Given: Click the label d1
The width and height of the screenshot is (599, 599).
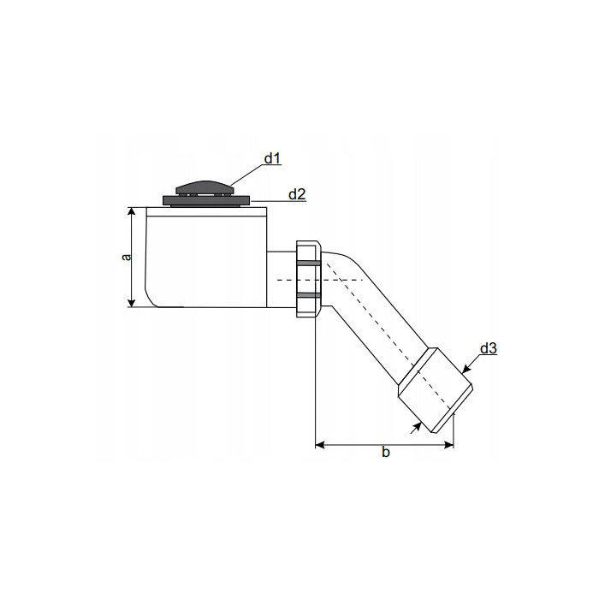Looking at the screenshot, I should pyautogui.click(x=272, y=158).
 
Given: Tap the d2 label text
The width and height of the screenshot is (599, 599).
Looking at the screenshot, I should pyautogui.click(x=297, y=194).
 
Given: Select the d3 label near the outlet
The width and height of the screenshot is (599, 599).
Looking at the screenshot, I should pyautogui.click(x=489, y=348).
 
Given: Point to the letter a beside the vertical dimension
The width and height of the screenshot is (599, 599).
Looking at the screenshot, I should pyautogui.click(x=125, y=256).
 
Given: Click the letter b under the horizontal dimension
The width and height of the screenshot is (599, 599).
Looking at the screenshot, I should pyautogui.click(x=385, y=453).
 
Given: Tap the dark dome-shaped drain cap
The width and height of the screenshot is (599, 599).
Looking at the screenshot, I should pyautogui.click(x=205, y=187).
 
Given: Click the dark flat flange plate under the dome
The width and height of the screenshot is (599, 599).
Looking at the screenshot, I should pyautogui.click(x=206, y=201).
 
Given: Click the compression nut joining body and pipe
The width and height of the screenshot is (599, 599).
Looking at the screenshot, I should pyautogui.click(x=308, y=279).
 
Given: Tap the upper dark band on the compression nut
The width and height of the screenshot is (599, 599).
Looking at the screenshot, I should pyautogui.click(x=308, y=262).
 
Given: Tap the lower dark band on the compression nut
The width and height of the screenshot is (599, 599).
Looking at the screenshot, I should pyautogui.click(x=308, y=295).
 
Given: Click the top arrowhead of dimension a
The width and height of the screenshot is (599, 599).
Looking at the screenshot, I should pyautogui.click(x=131, y=211).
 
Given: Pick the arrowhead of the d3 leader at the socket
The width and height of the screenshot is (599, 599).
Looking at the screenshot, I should pyautogui.click(x=466, y=369).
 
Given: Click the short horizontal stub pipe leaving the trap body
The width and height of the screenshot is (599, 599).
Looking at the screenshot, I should pyautogui.click(x=281, y=279).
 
